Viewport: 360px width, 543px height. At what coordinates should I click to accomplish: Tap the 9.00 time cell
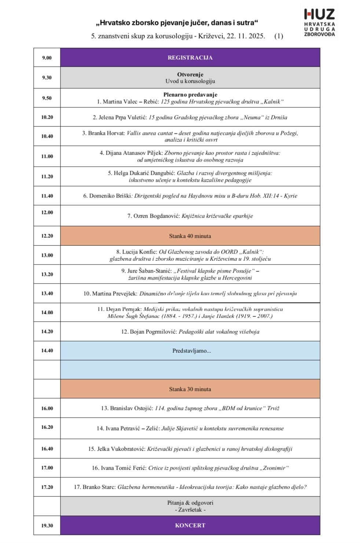[47, 58]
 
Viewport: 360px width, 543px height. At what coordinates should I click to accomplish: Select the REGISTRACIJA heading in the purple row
[190, 58]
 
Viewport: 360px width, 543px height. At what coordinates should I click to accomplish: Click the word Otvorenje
[190, 74]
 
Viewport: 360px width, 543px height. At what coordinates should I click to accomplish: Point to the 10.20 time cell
[47, 117]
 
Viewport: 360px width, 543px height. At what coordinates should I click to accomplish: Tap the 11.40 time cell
[47, 196]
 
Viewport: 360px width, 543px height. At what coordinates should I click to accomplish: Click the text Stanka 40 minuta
[190, 236]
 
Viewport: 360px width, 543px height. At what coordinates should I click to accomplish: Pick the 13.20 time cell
[47, 274]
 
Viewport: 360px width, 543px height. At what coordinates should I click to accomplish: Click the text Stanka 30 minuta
[190, 389]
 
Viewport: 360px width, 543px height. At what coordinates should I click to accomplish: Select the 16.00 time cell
[47, 408]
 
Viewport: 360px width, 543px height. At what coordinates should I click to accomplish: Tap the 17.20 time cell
[47, 487]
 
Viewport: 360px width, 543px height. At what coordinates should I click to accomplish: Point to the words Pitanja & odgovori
[190, 503]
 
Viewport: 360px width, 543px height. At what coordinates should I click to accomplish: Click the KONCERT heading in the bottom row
[190, 525]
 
